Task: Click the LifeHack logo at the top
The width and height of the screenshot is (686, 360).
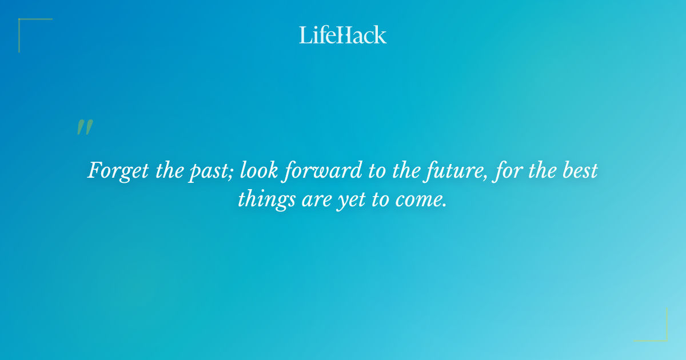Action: (x=342, y=35)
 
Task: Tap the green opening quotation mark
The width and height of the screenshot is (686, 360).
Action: (x=85, y=127)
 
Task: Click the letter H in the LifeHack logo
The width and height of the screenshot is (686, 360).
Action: (x=342, y=35)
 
